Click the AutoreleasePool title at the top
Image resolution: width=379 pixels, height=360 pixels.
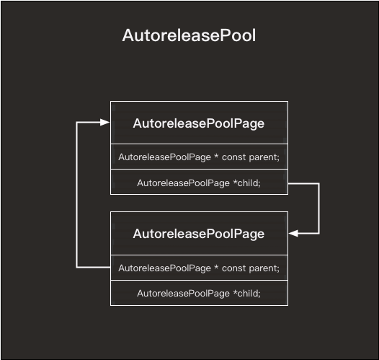(189, 35)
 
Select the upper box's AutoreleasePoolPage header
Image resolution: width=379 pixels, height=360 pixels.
(199, 123)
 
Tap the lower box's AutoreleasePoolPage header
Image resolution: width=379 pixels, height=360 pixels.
(199, 234)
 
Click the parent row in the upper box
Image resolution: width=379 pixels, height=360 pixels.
(199, 157)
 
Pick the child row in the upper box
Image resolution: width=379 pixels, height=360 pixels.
(199, 183)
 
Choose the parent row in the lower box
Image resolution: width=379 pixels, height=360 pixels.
(199, 268)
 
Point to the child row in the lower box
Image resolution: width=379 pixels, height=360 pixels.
(199, 293)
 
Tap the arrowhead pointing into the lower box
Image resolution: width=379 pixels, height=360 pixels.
(294, 233)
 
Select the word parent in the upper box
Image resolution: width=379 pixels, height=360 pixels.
(264, 157)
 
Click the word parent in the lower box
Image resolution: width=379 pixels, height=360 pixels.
(264, 268)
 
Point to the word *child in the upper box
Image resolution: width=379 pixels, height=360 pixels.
(246, 183)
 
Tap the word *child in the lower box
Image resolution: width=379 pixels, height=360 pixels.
(246, 293)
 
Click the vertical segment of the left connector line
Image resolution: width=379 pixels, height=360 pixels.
(77, 195)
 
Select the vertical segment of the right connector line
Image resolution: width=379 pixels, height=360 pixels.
(318, 208)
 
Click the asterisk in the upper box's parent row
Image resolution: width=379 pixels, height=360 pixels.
(215, 157)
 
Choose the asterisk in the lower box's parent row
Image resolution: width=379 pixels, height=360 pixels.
(215, 267)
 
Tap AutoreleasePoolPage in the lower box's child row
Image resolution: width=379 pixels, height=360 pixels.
(182, 293)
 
